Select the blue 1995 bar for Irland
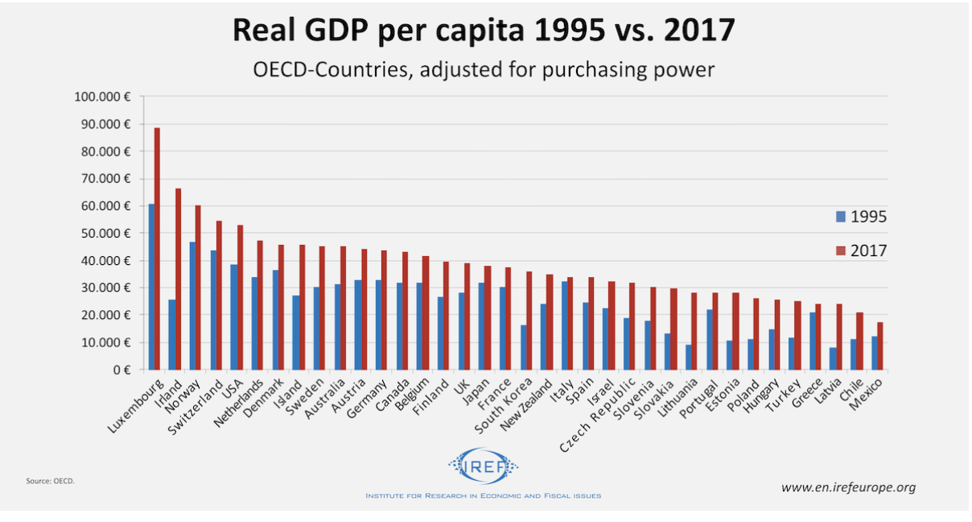point(171,334)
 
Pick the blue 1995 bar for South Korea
point(524,347)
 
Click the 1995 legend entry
point(861,217)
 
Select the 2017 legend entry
point(861,251)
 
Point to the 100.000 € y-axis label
point(102,97)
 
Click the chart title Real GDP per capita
point(484,31)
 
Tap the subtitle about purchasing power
point(484,70)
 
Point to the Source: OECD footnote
point(50,482)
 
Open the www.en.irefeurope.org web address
point(848,487)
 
